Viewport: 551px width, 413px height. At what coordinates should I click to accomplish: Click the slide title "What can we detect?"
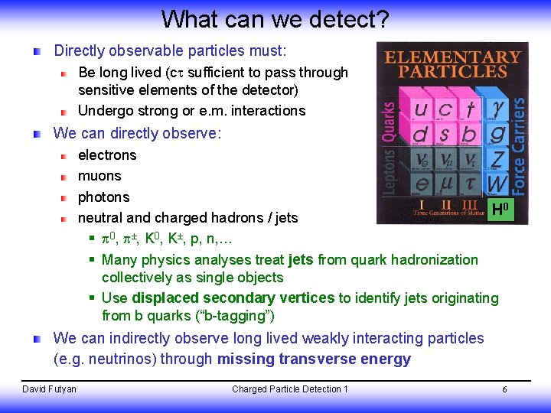click(275, 18)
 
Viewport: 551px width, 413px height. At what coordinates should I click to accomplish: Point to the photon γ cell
click(498, 109)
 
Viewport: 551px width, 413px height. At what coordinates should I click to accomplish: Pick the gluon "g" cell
click(498, 135)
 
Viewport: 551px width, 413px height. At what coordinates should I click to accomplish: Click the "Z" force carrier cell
click(497, 160)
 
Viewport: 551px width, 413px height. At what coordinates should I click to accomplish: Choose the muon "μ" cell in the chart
click(445, 184)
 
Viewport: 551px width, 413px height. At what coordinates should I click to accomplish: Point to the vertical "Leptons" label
click(389, 172)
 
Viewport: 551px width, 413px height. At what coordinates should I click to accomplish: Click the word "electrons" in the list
click(107, 155)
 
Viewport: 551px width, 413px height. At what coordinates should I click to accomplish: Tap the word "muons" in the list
click(99, 176)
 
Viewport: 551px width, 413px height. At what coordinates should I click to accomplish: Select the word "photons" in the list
click(104, 197)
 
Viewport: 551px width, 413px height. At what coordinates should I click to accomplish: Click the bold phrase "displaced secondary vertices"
click(233, 298)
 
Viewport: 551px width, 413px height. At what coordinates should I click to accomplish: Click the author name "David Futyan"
click(50, 389)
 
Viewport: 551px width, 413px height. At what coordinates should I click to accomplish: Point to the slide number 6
click(504, 390)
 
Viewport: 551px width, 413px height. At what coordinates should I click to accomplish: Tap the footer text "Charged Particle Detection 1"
click(289, 389)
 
